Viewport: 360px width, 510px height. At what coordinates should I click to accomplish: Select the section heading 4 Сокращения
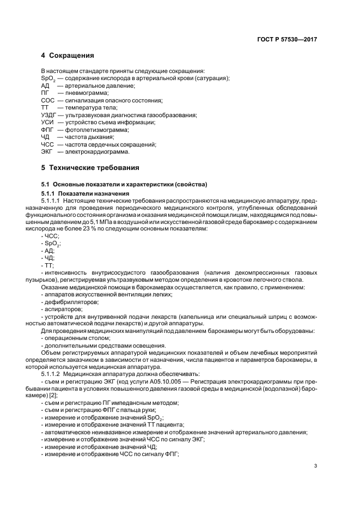[68, 56]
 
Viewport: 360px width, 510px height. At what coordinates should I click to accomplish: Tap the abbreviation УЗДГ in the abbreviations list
[51, 115]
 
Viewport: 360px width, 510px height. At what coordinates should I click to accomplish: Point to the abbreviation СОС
[48, 100]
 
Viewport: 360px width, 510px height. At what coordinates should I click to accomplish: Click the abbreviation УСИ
[48, 123]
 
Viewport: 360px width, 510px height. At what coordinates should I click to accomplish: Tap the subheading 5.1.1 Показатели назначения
[84, 193]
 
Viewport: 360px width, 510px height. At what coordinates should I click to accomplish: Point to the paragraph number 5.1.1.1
[52, 201]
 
